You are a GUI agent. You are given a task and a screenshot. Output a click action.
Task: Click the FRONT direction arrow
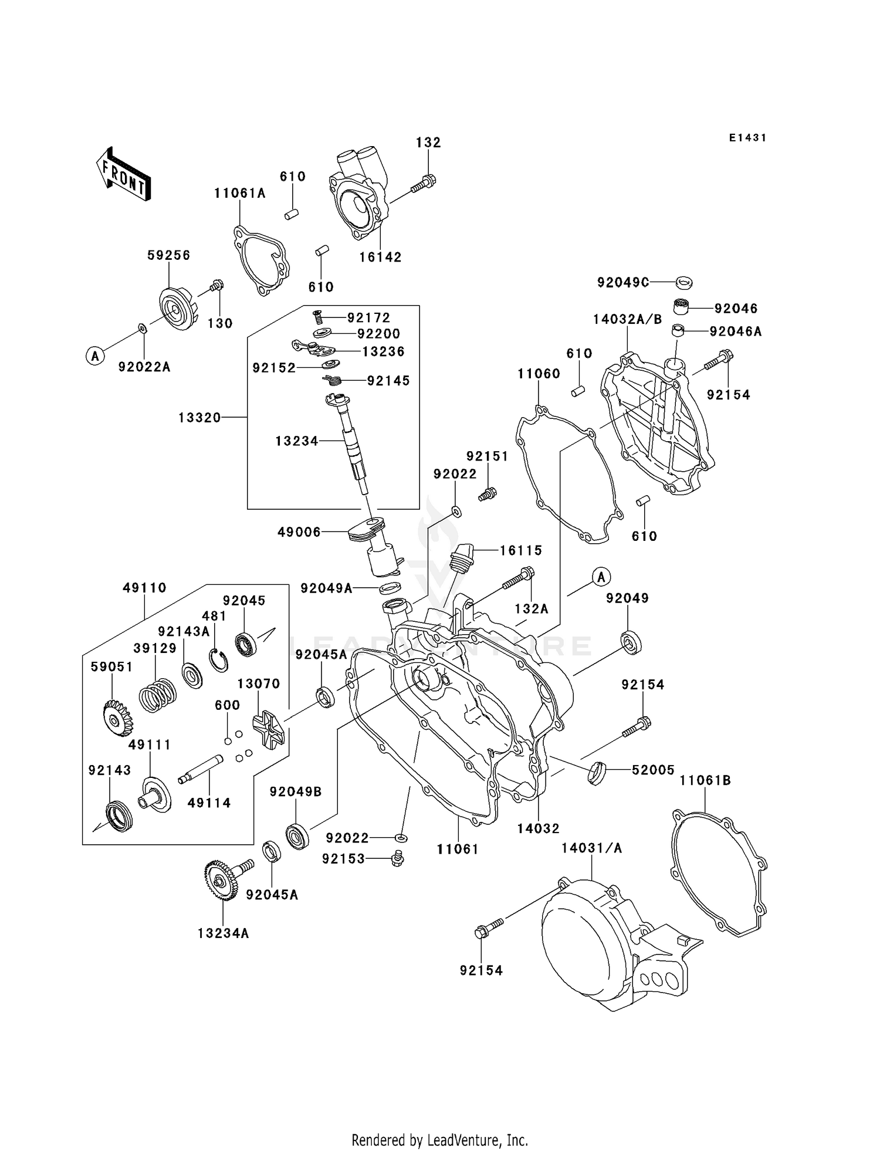pyautogui.click(x=123, y=175)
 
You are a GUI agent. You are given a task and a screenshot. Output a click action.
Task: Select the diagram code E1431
pyautogui.click(x=747, y=138)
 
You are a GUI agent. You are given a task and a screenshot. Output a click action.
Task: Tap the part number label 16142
pyautogui.click(x=380, y=257)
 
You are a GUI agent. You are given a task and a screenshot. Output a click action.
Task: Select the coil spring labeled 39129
pyautogui.click(x=157, y=695)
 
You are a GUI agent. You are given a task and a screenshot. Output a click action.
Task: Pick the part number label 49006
pyautogui.click(x=299, y=532)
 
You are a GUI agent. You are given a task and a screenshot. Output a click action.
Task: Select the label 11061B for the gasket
pyautogui.click(x=705, y=780)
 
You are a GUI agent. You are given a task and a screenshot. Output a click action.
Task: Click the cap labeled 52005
pyautogui.click(x=597, y=772)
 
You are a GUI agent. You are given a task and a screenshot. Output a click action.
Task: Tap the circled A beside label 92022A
pyautogui.click(x=95, y=355)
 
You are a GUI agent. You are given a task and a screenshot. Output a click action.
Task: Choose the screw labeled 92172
pyautogui.click(x=318, y=317)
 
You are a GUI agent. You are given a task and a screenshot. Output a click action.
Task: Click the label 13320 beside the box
pyautogui.click(x=199, y=417)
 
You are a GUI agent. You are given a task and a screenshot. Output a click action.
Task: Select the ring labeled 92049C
pyautogui.click(x=683, y=282)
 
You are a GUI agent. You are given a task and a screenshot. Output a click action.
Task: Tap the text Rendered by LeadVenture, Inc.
pyautogui.click(x=439, y=1140)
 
